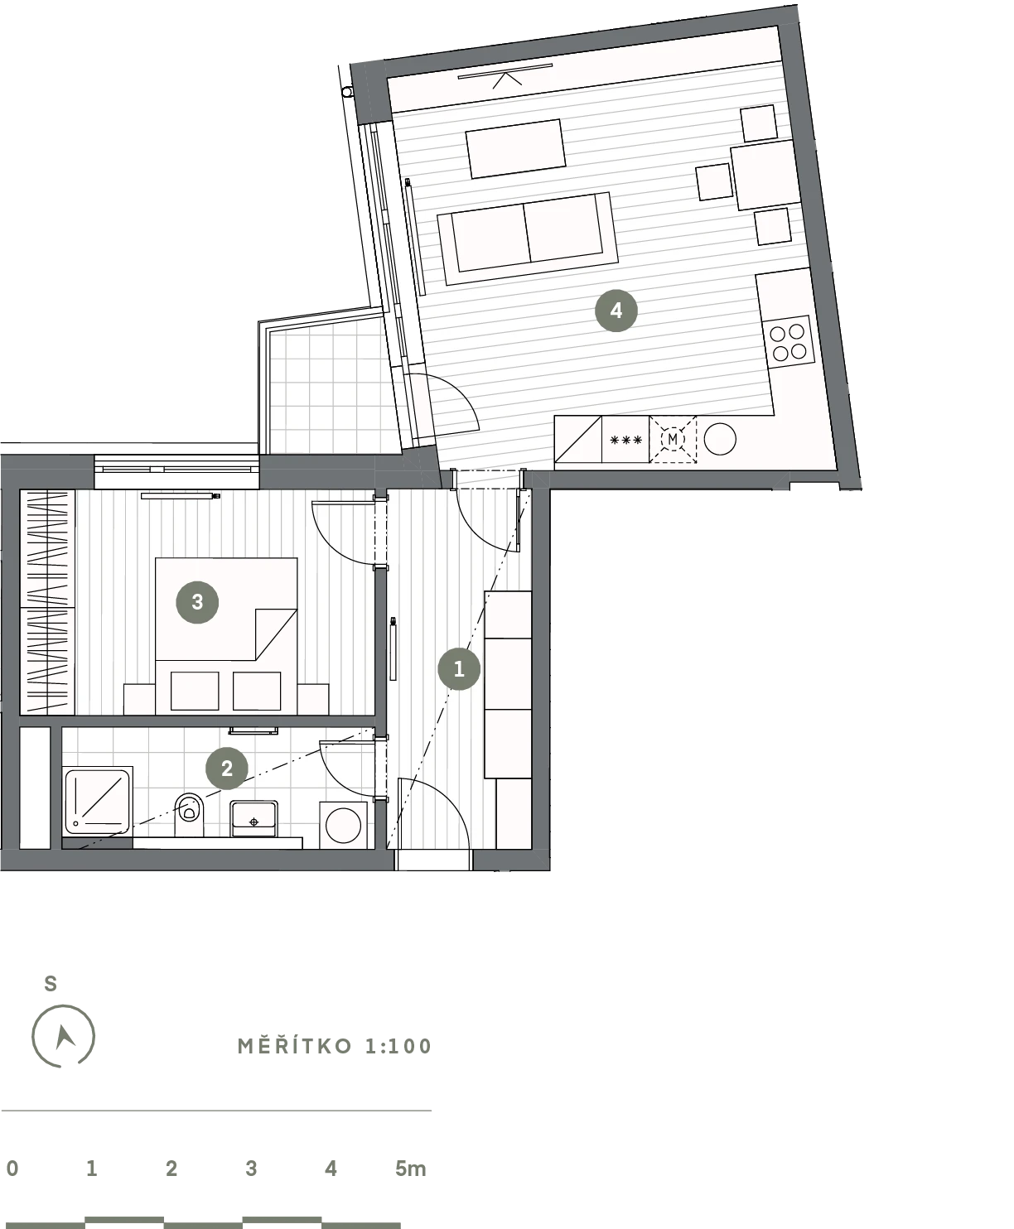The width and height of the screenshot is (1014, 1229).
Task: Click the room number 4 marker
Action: (x=616, y=311)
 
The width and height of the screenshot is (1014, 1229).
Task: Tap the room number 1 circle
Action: (x=459, y=668)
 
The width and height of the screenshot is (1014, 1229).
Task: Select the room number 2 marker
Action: (x=227, y=769)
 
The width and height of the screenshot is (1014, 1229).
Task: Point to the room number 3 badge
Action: (x=197, y=602)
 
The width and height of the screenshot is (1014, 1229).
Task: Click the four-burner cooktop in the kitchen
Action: (x=788, y=343)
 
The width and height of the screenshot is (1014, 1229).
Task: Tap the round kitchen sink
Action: (x=720, y=438)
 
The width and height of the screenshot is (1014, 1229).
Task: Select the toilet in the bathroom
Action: (x=189, y=815)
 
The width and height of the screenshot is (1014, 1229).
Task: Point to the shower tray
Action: (x=98, y=801)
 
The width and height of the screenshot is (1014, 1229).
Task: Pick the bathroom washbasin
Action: (x=254, y=818)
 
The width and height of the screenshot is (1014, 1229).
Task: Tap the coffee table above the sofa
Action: (x=515, y=148)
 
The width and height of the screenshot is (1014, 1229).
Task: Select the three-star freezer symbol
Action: (x=626, y=440)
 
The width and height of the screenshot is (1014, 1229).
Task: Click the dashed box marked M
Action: (x=673, y=439)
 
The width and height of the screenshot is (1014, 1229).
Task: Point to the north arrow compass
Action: (x=63, y=1036)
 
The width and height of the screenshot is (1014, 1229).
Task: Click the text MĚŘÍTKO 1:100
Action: (x=335, y=1046)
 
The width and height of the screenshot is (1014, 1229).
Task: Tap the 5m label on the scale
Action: (x=410, y=1169)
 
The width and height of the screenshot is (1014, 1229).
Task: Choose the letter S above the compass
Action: (x=51, y=984)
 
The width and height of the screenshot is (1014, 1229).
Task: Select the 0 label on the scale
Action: (x=12, y=1169)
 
